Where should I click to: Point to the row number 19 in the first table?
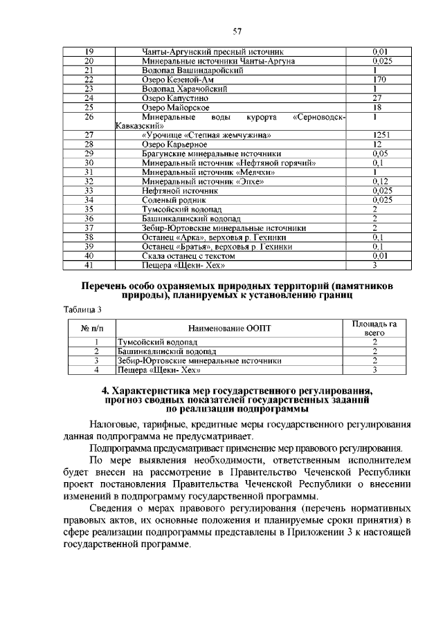pyautogui.click(x=89, y=52)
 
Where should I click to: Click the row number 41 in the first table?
pyautogui.click(x=89, y=264)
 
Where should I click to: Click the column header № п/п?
pyautogui.click(x=91, y=328)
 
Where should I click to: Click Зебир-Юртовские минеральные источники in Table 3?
pyautogui.click(x=199, y=360)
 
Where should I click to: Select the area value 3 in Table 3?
pyautogui.click(x=374, y=370)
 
